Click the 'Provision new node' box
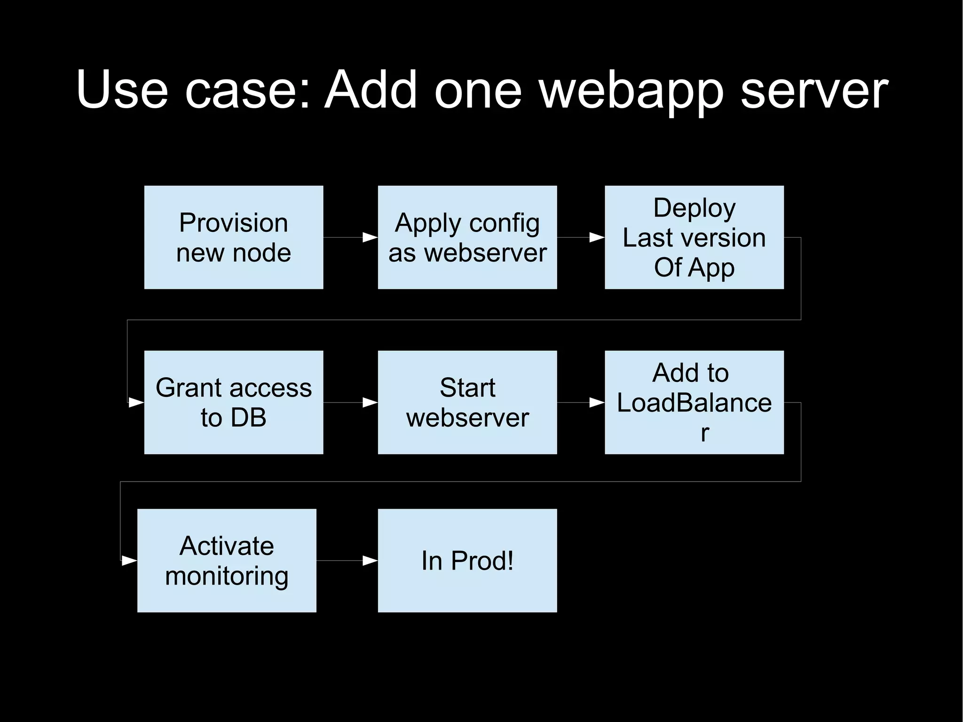point(233,237)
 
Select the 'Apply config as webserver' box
point(467,237)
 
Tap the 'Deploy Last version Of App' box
point(694,237)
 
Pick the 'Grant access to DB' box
point(233,402)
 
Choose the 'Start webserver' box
point(467,402)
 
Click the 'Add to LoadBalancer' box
point(694,402)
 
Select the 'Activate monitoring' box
point(227,560)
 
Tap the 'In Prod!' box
point(467,560)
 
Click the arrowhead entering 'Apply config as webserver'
point(370,238)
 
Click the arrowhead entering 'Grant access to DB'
point(136,403)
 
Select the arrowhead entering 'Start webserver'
point(370,403)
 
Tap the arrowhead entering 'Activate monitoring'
point(129,561)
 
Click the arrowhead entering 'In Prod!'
point(370,561)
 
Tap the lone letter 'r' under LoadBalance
point(704,433)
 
